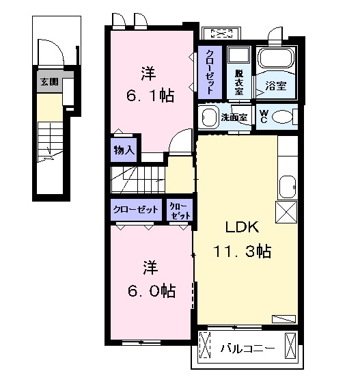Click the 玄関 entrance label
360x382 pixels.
[49, 81]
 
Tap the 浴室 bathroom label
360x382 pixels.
[276, 85]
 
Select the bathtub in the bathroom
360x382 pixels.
[276, 58]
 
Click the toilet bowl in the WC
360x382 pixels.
[281, 117]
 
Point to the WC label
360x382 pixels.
[264, 116]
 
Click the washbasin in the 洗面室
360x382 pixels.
[209, 117]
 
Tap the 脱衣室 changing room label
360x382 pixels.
[238, 83]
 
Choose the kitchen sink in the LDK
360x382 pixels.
[287, 187]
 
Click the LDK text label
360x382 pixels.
[242, 227]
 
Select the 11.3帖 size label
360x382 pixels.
[243, 251]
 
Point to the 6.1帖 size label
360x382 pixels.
[150, 96]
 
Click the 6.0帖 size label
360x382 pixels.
[152, 290]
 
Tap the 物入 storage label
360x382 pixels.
[124, 150]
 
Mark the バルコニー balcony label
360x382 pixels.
[247, 349]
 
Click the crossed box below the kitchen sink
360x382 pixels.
[286, 212]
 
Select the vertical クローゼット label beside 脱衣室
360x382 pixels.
[210, 72]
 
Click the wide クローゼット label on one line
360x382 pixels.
[136, 209]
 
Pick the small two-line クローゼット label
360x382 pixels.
[180, 210]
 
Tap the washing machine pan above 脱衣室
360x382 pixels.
[238, 55]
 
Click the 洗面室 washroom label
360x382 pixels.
[234, 118]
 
